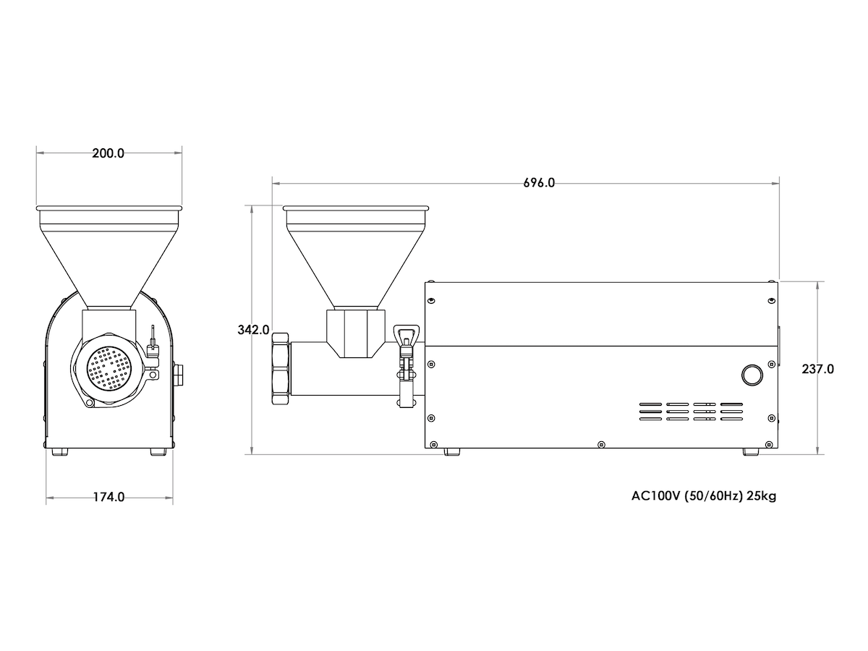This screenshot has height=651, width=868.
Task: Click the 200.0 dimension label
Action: tap(108, 153)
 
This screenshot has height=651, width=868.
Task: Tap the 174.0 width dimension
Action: tap(109, 497)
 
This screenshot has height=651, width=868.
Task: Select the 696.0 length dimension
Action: tap(539, 182)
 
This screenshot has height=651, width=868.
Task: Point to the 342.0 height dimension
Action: tap(253, 330)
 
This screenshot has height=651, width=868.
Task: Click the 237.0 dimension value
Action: tap(818, 369)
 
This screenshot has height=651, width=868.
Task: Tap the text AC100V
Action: tap(655, 495)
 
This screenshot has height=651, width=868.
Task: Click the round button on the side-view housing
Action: tap(752, 375)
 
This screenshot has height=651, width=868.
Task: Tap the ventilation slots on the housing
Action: tap(691, 412)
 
